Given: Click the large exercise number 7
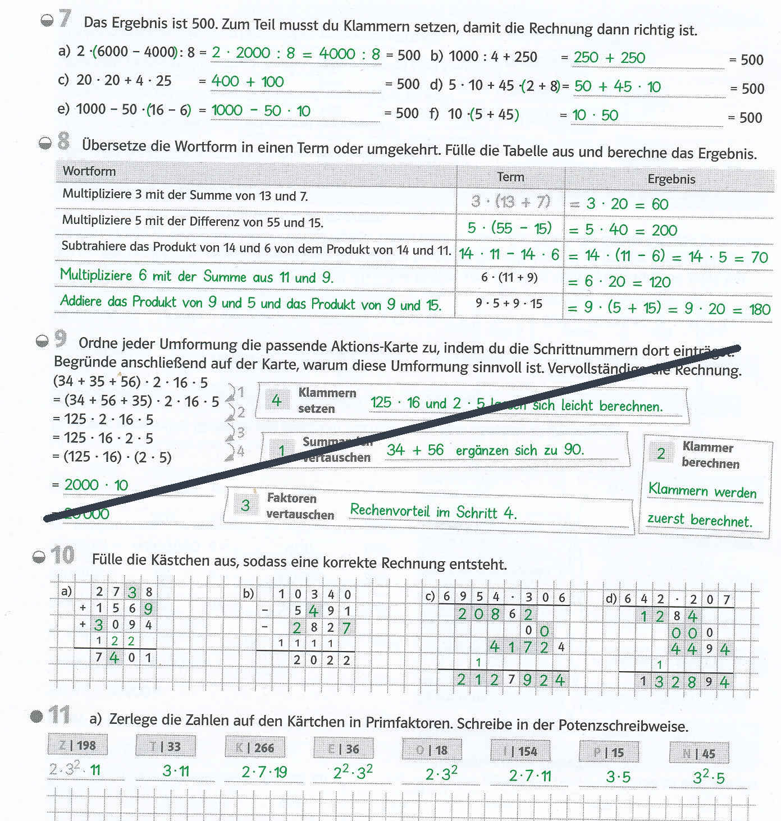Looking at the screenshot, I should pos(65,19).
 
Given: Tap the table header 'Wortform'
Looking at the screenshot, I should pos(89,171).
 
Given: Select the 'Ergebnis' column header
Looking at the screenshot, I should pos(671,179).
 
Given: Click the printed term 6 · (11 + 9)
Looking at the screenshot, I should pos(509,277).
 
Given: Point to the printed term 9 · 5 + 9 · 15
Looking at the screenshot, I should pos(509,304).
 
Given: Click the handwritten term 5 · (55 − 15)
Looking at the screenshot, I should pos(509,228).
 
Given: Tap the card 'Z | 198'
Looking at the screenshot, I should pos(78,746).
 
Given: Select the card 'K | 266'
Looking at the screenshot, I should pos(255,747).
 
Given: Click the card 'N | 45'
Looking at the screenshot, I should pos(699,754).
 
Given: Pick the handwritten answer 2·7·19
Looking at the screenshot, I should pos(264,772).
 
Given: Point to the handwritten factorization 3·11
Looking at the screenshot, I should pos(176,771).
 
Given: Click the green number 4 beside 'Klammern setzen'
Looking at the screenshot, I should pos(276,400).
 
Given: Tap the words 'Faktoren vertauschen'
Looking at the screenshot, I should pos(300,506).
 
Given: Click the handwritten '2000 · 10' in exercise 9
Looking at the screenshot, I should pos(96,485).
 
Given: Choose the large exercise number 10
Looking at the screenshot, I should pos(62,555).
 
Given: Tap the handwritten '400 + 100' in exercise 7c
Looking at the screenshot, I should pos(248,81).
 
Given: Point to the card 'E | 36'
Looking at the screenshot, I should pos(344,749).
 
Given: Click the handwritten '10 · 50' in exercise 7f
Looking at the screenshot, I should pos(595,116).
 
